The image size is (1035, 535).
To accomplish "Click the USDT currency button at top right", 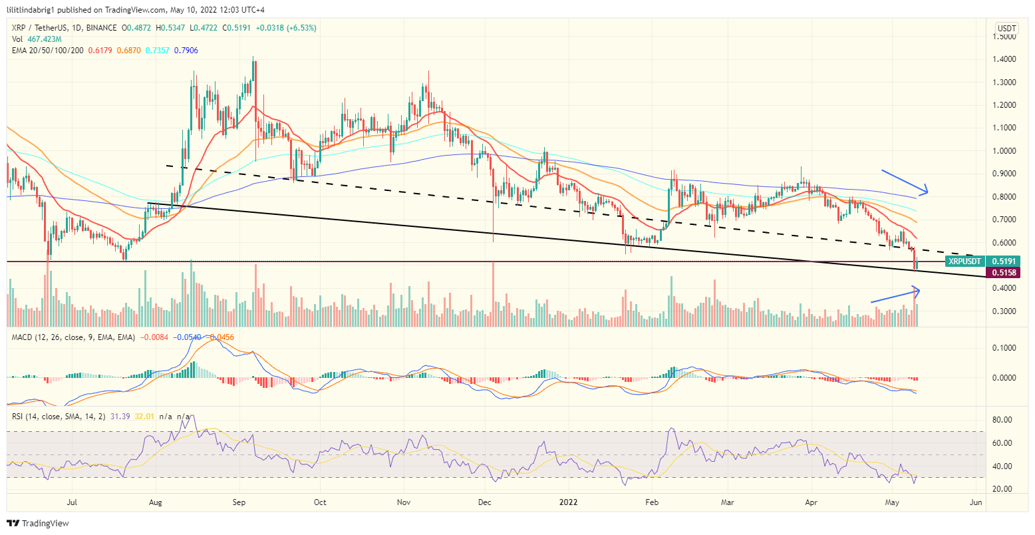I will [x=1006, y=28].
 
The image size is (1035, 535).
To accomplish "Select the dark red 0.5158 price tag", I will [x=1004, y=272].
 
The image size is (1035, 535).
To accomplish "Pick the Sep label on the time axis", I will [x=239, y=502].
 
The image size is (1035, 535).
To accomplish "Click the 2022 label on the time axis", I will [x=569, y=502].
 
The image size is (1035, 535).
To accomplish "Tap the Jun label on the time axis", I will [x=975, y=502].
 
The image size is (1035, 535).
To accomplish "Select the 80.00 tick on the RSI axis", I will [x=1002, y=420].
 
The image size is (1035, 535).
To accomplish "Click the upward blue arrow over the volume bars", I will [x=895, y=295].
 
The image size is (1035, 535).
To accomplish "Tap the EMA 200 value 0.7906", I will [x=186, y=51].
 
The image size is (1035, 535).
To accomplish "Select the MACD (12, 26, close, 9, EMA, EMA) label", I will [x=73, y=337].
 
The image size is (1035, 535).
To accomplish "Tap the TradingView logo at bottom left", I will [x=38, y=524].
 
